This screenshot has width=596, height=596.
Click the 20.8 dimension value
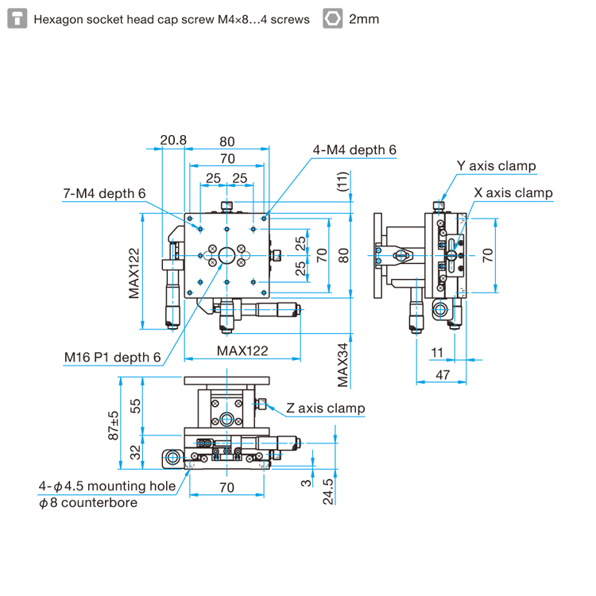(x=173, y=140)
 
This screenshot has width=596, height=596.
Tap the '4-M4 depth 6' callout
(x=354, y=149)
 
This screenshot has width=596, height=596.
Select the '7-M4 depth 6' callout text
(x=104, y=193)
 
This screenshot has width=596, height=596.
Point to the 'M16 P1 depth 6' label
(x=113, y=358)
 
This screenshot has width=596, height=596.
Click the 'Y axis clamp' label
(x=496, y=166)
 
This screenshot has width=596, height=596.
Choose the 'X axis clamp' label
(x=513, y=193)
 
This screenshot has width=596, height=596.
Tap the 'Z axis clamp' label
(x=325, y=408)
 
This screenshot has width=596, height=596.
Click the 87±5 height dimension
(x=114, y=425)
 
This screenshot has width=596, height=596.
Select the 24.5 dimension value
(x=328, y=491)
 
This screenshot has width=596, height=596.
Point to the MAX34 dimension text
(x=343, y=366)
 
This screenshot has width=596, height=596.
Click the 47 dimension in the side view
(x=443, y=375)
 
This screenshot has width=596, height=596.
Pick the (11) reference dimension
(x=343, y=181)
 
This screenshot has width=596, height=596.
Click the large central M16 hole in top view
(x=227, y=255)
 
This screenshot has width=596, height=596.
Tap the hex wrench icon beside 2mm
(x=333, y=18)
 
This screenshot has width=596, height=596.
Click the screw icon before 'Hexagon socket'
(x=17, y=18)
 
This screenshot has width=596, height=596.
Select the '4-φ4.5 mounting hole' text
(x=107, y=486)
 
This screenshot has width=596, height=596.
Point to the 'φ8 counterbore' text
(x=88, y=503)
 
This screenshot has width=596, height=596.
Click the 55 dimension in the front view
(x=135, y=406)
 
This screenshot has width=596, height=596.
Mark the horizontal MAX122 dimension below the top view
(x=242, y=350)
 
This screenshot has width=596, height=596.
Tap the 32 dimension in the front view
(x=135, y=452)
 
